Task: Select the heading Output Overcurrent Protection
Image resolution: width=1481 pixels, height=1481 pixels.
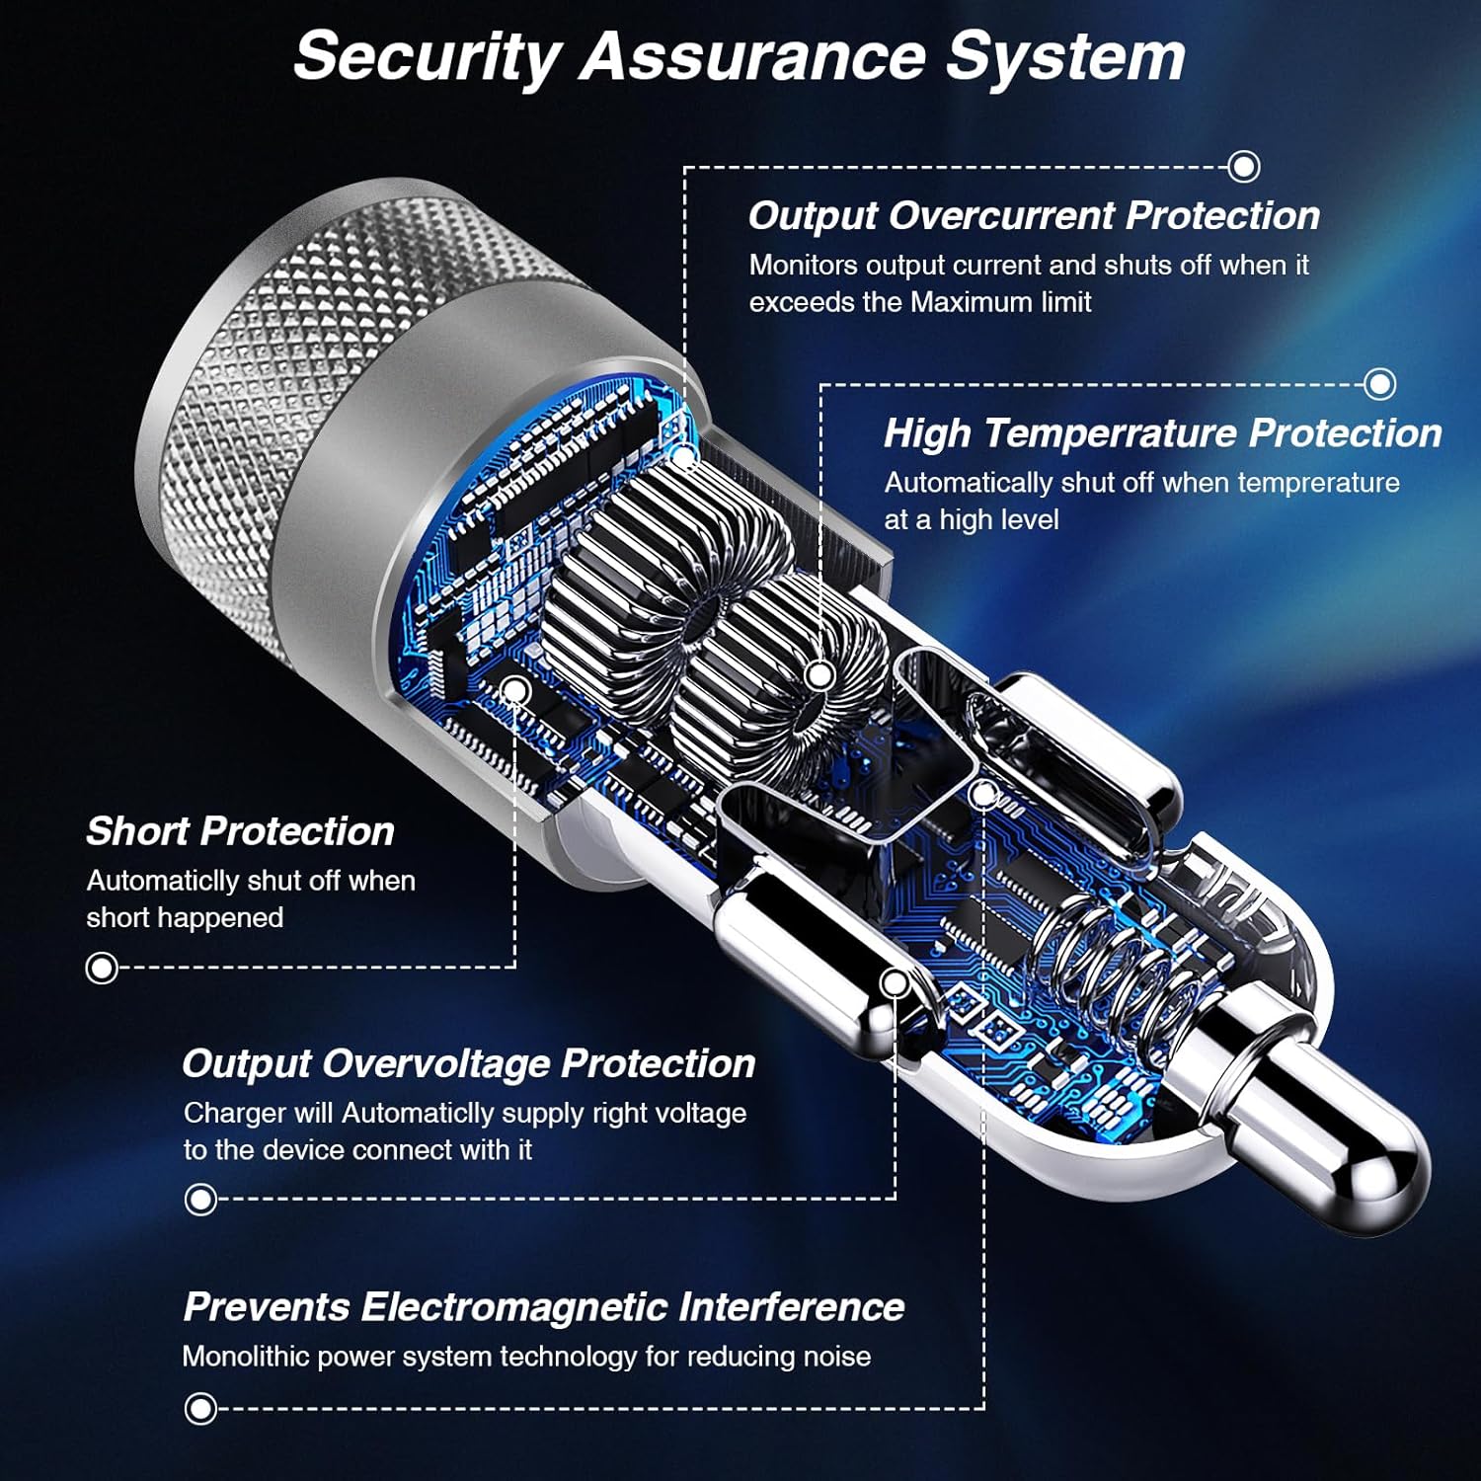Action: point(1034,216)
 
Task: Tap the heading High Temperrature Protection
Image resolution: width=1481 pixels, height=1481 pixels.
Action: point(1163,433)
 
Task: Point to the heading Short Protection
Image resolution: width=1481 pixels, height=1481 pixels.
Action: point(240,831)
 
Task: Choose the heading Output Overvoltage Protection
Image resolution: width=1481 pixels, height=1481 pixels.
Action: point(469,1063)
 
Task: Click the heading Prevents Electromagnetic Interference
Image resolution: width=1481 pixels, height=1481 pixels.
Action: point(544,1306)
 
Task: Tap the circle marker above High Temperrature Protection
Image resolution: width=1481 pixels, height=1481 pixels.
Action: point(1380,383)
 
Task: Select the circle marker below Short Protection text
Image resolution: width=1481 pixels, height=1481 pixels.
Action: point(102,968)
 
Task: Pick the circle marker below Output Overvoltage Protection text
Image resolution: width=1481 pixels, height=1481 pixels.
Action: point(200,1200)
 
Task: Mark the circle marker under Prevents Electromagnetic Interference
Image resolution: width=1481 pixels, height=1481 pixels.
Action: point(200,1408)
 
